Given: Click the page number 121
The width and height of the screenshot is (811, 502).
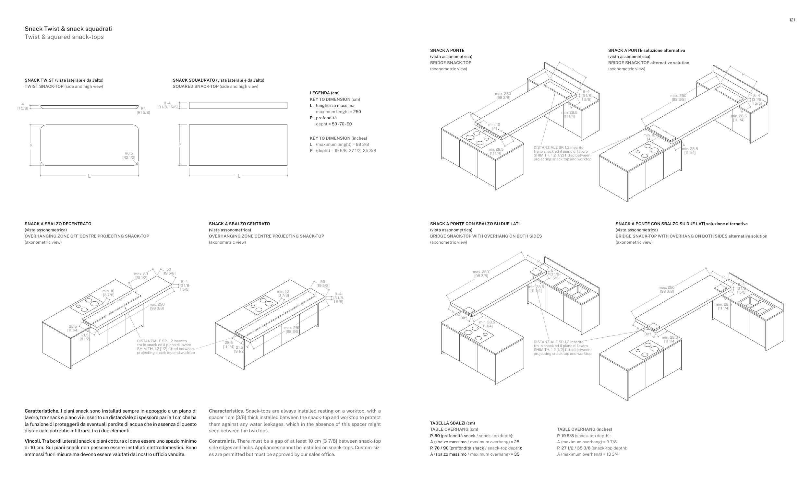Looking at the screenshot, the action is pyautogui.click(x=792, y=20).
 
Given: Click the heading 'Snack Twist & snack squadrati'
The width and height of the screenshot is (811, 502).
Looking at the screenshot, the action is pyautogui.click(x=68, y=29).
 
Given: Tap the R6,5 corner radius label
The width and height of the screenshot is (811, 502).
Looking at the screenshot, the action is pyautogui.click(x=128, y=153).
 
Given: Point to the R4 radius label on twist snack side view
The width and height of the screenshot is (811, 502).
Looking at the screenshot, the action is pyautogui.click(x=143, y=109).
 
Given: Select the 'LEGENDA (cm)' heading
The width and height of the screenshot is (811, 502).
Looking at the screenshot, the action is pyautogui.click(x=325, y=93).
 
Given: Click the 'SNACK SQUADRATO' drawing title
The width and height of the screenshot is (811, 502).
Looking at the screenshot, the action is pyautogui.click(x=194, y=80).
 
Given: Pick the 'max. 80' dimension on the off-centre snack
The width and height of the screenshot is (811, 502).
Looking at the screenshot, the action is pyautogui.click(x=141, y=274).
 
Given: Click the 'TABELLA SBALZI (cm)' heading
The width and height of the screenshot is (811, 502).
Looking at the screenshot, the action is pyautogui.click(x=453, y=423).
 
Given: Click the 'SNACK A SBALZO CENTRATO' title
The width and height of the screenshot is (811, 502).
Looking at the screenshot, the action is pyautogui.click(x=239, y=224).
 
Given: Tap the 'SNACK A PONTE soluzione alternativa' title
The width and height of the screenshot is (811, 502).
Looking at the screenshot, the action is pyautogui.click(x=647, y=51).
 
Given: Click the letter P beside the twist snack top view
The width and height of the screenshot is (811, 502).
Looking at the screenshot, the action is pyautogui.click(x=31, y=146).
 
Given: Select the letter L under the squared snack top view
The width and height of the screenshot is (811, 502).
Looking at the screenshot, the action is pyautogui.click(x=239, y=176).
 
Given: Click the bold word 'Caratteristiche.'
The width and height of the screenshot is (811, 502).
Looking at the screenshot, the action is pyautogui.click(x=42, y=411).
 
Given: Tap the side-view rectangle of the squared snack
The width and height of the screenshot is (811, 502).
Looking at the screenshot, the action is pyautogui.click(x=238, y=106).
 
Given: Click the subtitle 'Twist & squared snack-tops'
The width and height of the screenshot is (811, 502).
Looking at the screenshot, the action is pyautogui.click(x=64, y=37).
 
